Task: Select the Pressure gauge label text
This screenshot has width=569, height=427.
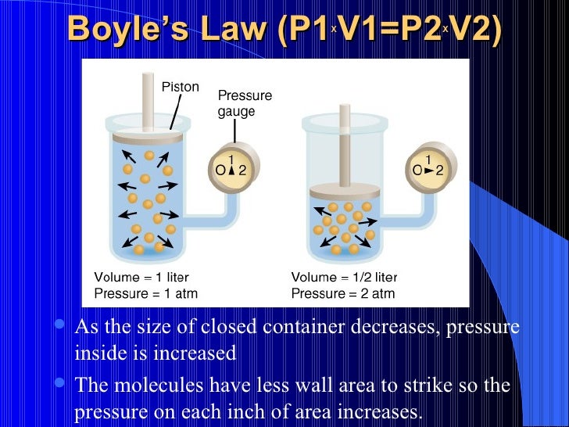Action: pos(244,103)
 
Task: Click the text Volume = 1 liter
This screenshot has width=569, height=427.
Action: pos(141,277)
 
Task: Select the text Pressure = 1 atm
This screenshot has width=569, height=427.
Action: pos(145,294)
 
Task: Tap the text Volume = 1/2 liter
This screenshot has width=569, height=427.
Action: pos(344,277)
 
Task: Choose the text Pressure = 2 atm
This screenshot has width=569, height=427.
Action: pos(343,294)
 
